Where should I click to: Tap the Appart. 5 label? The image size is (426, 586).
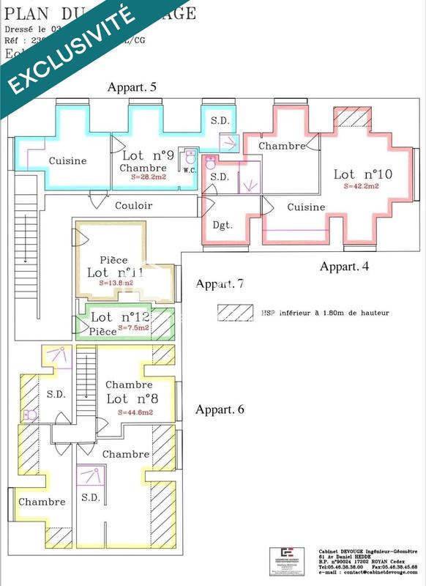(x=132, y=87)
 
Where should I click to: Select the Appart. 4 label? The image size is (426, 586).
(x=345, y=266)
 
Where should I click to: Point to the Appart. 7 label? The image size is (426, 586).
(x=219, y=283)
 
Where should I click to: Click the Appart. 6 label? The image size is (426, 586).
(x=219, y=409)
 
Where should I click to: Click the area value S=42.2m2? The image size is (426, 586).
(x=362, y=187)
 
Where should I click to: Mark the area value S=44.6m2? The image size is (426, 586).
(x=135, y=413)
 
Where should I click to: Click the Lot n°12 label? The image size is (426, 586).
(x=120, y=317)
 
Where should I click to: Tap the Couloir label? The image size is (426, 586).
(x=134, y=206)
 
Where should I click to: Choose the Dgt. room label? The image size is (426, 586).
(x=222, y=225)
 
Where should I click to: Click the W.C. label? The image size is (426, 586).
(x=189, y=170)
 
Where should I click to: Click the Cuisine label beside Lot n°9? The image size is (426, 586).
(x=67, y=160)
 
